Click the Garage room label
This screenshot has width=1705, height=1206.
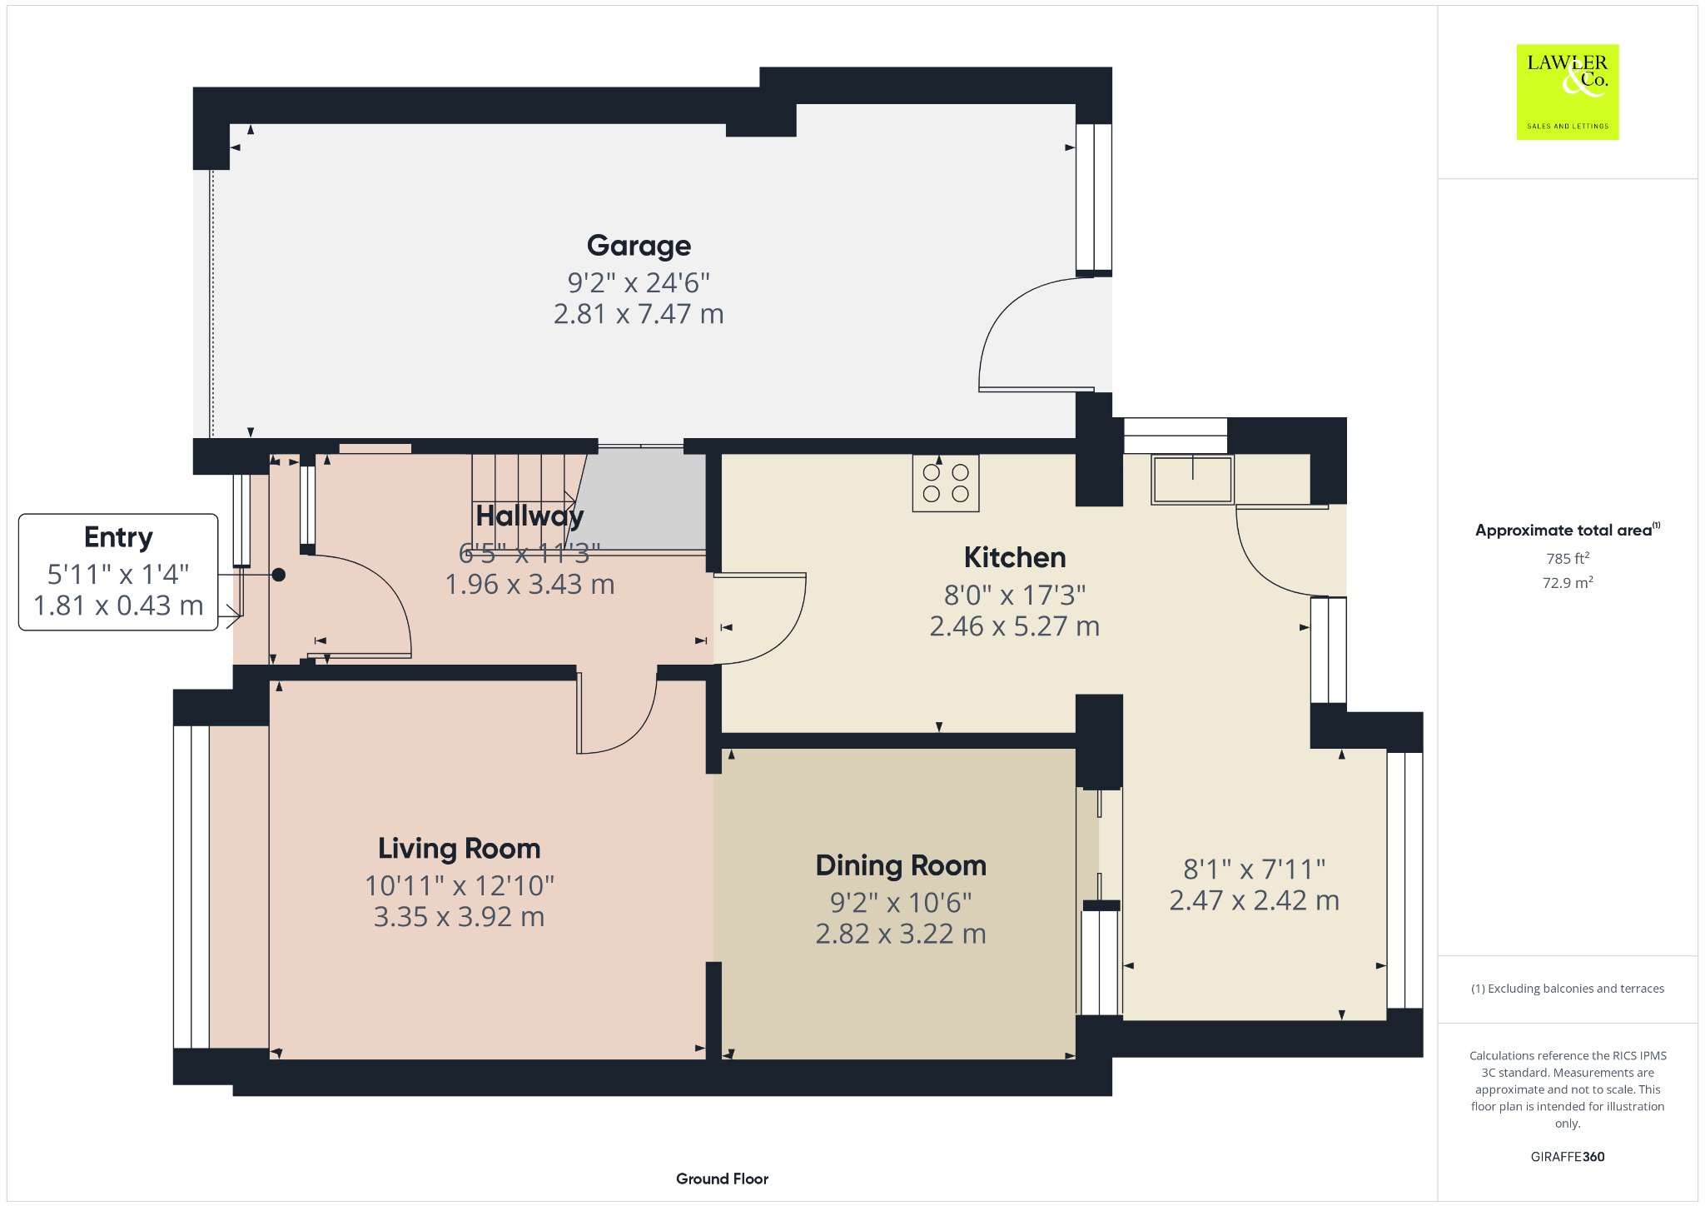pyautogui.click(x=639, y=246)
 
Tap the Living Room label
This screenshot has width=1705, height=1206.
pyautogui.click(x=459, y=849)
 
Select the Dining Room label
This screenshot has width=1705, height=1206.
pyautogui.click(x=901, y=866)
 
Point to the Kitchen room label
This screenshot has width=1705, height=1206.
pyautogui.click(x=1015, y=557)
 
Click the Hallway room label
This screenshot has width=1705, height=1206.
pyautogui.click(x=529, y=516)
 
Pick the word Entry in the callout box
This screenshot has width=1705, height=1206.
pyautogui.click(x=118, y=538)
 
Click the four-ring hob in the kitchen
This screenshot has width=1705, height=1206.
pyautogui.click(x=946, y=483)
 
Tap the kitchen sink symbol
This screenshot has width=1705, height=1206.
pyautogui.click(x=1192, y=480)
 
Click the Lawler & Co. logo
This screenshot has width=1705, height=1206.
pyautogui.click(x=1568, y=92)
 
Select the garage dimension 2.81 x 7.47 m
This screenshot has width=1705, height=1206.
pyautogui.click(x=639, y=314)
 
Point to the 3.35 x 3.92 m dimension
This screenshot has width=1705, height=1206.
pyautogui.click(x=459, y=917)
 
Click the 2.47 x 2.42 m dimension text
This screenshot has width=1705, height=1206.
pyautogui.click(x=1254, y=900)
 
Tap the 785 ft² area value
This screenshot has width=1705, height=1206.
pyautogui.click(x=1568, y=558)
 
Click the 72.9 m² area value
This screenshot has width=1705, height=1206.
pyautogui.click(x=1568, y=582)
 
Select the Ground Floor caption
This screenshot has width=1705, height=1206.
pyautogui.click(x=722, y=1179)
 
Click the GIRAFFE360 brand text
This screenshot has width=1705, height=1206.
pyautogui.click(x=1568, y=1156)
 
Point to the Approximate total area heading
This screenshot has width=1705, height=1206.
pyautogui.click(x=1568, y=530)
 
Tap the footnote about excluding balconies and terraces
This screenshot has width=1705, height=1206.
pyautogui.click(x=1568, y=989)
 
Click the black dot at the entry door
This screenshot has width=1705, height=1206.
pyautogui.click(x=279, y=575)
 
